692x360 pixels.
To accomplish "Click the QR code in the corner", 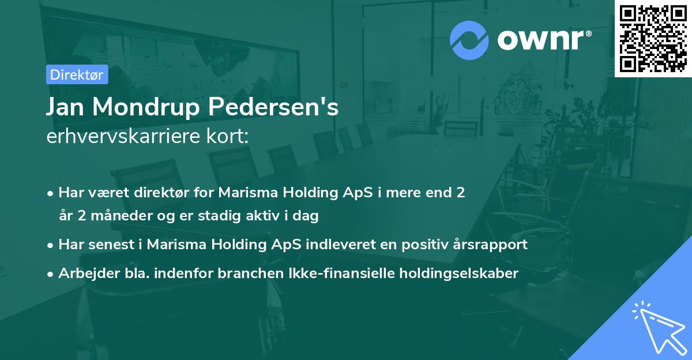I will tap(653, 39).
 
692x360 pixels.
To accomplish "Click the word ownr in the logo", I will tap(543, 39).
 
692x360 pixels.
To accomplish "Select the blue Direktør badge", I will tap(77, 74).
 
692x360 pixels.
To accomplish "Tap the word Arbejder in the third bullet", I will tap(84, 273).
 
